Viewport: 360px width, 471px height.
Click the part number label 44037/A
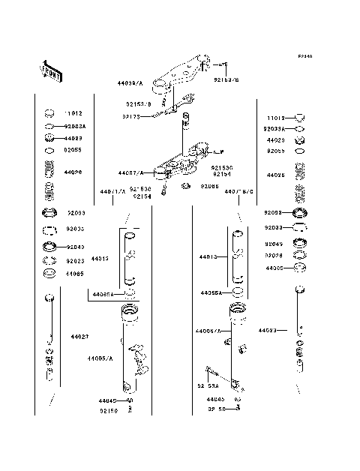pyautogui.click(x=130, y=172)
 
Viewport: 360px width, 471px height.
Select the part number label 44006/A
pyautogui.click(x=208, y=331)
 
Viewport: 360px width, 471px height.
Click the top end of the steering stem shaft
pyautogui.click(x=184, y=115)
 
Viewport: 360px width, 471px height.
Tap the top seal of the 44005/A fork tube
pyautogui.click(x=130, y=310)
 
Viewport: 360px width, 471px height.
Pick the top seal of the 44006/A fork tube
pyautogui.click(x=237, y=310)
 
